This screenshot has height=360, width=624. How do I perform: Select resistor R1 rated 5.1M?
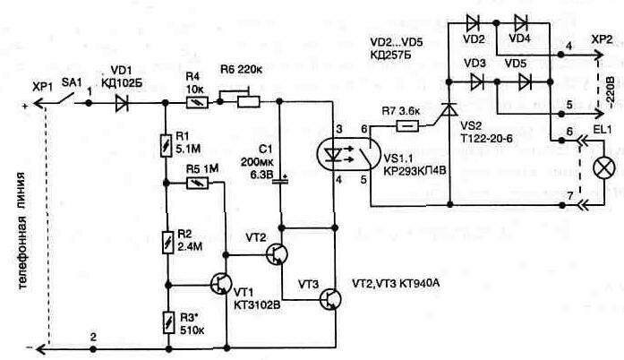coord(167,143)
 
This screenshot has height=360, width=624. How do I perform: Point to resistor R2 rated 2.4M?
coord(167,241)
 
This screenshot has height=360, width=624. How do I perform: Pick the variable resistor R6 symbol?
coord(246,104)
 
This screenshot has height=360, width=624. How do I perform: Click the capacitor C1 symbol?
coord(279,180)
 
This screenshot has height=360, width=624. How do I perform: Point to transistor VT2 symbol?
coord(277,255)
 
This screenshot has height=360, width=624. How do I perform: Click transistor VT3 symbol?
coord(330,297)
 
